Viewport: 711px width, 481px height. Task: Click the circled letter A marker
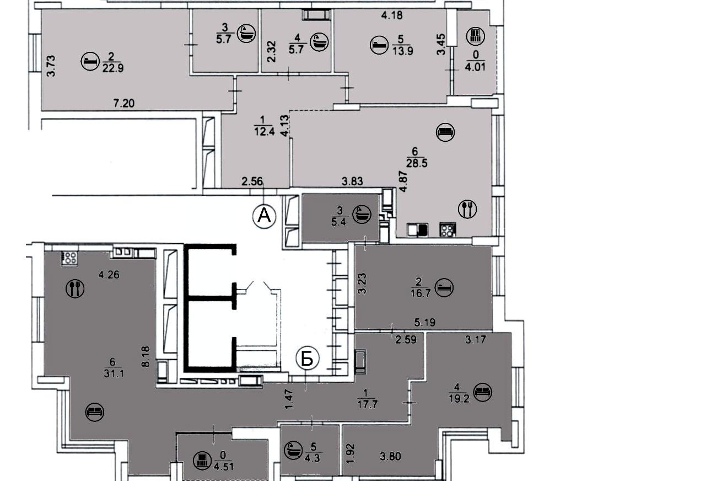tap(264, 217)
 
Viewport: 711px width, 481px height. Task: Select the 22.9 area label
tap(113, 68)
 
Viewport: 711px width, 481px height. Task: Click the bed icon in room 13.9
tap(379, 45)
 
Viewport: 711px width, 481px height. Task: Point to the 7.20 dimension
tap(124, 103)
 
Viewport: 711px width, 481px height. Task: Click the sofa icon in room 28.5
tap(445, 132)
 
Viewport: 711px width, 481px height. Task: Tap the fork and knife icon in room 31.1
tap(75, 288)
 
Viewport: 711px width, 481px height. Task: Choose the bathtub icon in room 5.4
tap(362, 214)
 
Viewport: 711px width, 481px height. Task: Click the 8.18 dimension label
tap(146, 357)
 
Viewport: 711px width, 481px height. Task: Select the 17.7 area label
tap(367, 404)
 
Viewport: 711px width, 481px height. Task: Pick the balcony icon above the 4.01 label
tap(476, 36)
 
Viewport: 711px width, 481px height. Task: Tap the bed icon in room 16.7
tap(444, 287)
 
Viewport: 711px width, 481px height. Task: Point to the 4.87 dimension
tap(403, 181)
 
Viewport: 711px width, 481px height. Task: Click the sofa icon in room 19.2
tap(482, 392)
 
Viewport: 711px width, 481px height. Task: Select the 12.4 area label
tap(264, 131)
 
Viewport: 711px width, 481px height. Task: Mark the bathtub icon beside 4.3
tap(293, 450)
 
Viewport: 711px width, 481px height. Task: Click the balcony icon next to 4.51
tap(202, 459)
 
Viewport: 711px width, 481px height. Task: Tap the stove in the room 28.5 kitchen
tap(448, 229)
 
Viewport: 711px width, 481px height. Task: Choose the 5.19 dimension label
tap(425, 323)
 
